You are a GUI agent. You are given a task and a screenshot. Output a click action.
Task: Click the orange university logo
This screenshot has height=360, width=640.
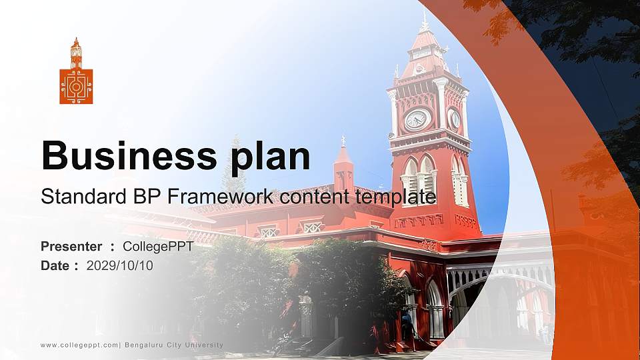pos(76,72)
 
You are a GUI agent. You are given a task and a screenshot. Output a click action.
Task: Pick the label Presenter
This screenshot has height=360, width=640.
pos(71,247)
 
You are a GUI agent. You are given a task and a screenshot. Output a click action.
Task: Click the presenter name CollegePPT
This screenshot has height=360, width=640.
pos(158,247)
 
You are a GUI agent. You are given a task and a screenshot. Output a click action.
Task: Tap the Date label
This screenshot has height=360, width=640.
pos(55,265)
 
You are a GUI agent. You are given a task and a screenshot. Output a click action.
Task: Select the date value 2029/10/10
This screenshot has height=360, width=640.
pos(120,265)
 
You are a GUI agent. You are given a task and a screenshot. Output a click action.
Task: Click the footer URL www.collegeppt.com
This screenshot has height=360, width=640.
pos(79,345)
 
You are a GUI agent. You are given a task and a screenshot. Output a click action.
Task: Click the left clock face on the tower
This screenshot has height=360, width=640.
pos(417,119)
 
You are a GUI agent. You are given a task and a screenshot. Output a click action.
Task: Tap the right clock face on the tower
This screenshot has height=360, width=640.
pos(455,119)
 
